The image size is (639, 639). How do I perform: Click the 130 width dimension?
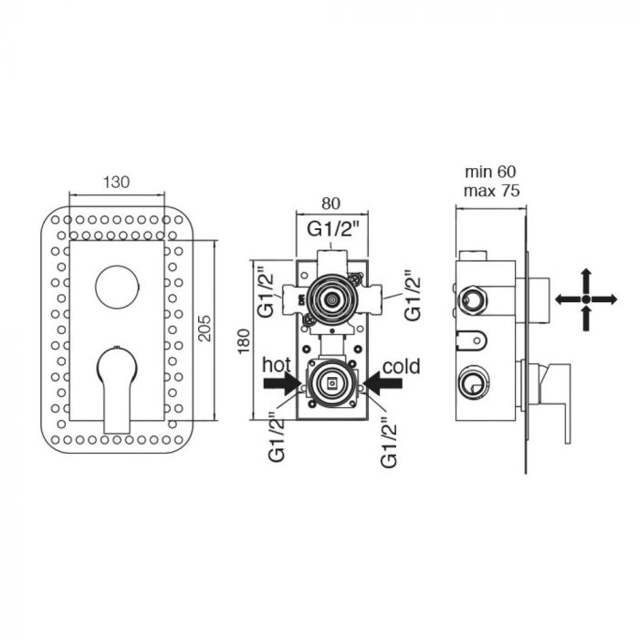116,182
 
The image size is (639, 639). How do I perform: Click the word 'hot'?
277,365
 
